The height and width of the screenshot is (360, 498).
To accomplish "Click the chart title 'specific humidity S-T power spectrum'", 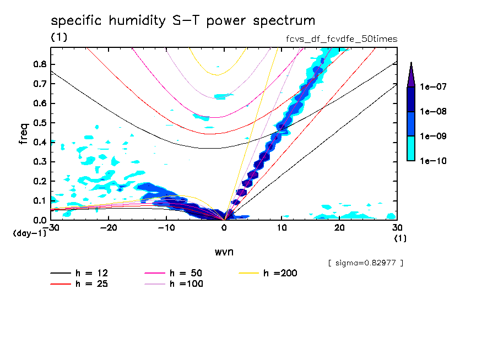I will tap(183, 21).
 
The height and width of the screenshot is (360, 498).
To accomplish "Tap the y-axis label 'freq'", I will tap(23, 134).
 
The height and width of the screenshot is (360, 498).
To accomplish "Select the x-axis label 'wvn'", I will tap(224, 251).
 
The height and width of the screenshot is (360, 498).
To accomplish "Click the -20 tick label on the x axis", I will tap(109, 228).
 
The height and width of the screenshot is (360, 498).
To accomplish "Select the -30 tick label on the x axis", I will tap(51, 228).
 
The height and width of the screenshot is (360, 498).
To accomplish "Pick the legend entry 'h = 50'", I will tap(185, 273).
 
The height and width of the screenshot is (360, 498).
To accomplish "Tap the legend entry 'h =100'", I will tap(185, 284).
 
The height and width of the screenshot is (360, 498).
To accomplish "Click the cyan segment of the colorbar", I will tap(411, 148).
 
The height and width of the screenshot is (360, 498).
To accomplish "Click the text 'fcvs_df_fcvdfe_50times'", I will tap(338, 39).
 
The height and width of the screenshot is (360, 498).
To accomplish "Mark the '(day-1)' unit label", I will tap(30, 233).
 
